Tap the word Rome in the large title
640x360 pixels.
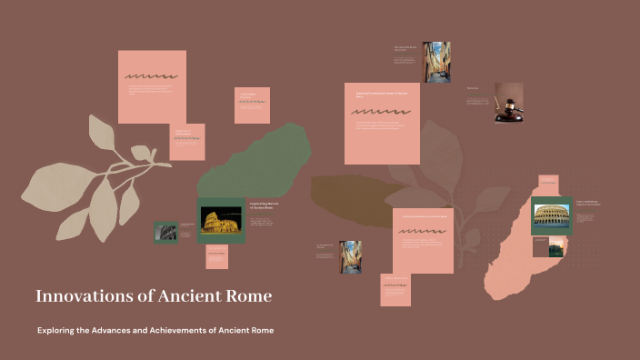tap(247, 296)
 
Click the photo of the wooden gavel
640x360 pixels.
tap(508, 103)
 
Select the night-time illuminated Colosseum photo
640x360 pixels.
tap(220, 221)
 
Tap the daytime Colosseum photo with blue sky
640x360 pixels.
tap(551, 215)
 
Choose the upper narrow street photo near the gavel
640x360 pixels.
tap(435, 62)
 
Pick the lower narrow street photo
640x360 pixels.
tap(350, 257)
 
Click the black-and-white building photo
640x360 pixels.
tap(165, 232)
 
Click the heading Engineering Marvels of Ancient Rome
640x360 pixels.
tap(263, 207)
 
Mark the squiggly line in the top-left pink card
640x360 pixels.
tap(151, 77)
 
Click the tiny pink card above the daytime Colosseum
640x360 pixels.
tap(548, 184)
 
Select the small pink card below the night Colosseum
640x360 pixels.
tap(216, 257)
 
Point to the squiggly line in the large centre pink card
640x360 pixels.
tap(380, 113)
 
